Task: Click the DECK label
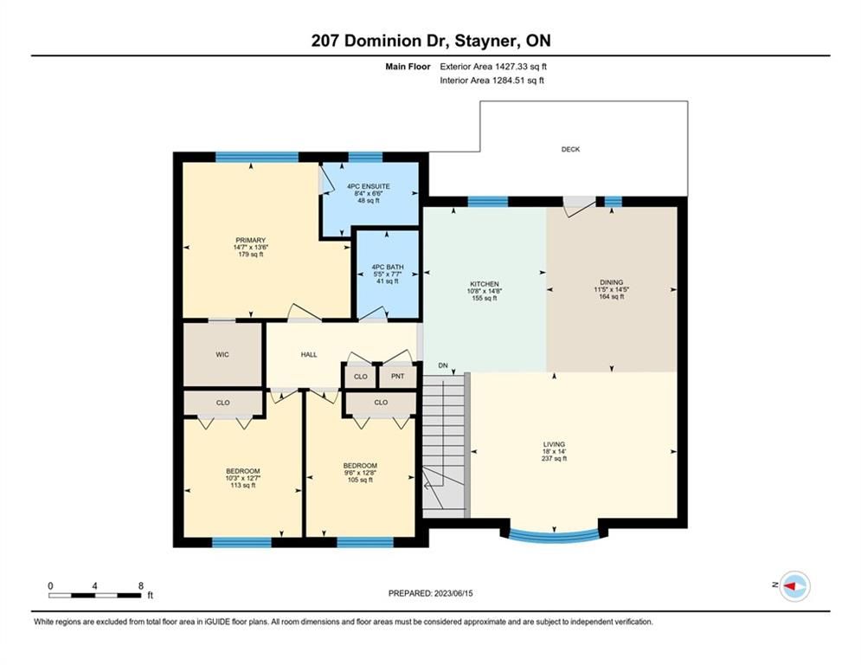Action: click(570, 149)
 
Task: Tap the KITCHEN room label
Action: click(485, 284)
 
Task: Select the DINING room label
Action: click(611, 282)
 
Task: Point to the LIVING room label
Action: click(554, 444)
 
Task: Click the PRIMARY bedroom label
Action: click(250, 240)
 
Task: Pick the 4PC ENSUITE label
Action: click(369, 186)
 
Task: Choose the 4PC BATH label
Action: click(388, 267)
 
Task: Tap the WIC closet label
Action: click(222, 354)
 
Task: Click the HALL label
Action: click(309, 354)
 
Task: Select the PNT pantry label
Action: click(398, 377)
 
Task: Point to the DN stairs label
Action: click(443, 365)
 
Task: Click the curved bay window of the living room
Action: click(554, 536)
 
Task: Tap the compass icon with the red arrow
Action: click(795, 586)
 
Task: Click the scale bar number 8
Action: click(140, 586)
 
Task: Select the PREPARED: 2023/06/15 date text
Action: click(431, 593)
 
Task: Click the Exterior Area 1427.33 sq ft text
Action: click(493, 67)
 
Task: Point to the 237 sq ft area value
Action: click(554, 458)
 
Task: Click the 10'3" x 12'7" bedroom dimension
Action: click(242, 478)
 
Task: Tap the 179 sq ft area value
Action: click(250, 255)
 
